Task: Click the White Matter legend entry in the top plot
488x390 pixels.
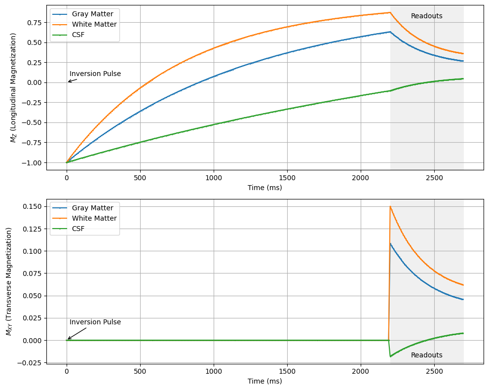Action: [x=94, y=24]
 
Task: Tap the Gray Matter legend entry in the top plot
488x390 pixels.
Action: [x=92, y=14]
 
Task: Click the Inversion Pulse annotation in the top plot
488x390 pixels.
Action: [x=95, y=74]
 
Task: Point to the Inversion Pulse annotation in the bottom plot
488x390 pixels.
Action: [x=95, y=322]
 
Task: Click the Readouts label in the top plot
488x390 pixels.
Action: [x=426, y=16]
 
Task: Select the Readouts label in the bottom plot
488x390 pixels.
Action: [x=426, y=355]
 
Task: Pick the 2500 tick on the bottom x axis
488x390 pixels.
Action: [x=434, y=372]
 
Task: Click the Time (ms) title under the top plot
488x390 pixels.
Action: [x=265, y=188]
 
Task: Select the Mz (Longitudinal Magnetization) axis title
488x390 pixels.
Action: [x=13, y=87]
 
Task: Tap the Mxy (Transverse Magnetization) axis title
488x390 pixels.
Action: [x=9, y=281]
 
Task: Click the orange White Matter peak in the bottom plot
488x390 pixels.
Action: [x=390, y=206]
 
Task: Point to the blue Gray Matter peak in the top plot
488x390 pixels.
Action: [x=390, y=32]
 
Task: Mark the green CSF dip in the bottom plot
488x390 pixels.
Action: [x=391, y=356]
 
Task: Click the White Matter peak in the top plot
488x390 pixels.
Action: [x=390, y=12]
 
